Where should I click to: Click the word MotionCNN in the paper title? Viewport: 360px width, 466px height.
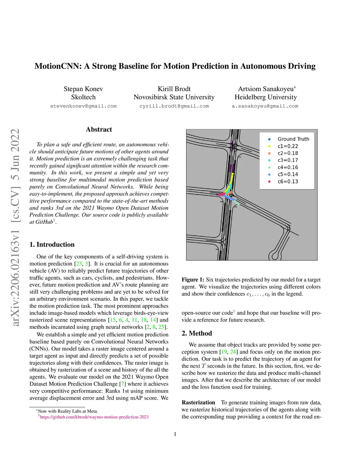click(58, 66)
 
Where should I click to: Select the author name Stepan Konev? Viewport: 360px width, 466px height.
click(83, 89)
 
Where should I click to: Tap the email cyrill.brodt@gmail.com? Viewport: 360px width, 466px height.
click(174, 106)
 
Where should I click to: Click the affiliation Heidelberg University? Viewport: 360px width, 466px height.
click(265, 97)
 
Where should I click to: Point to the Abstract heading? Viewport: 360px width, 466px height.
click(99, 129)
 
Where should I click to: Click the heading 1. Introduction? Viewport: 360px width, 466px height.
click(52, 244)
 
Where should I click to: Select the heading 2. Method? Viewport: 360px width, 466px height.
click(197, 333)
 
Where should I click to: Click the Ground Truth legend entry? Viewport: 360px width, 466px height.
click(293, 139)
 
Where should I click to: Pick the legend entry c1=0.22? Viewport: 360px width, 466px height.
click(288, 146)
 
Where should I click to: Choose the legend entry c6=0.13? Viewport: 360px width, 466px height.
click(288, 181)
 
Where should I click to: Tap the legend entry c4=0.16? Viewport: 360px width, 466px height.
click(288, 167)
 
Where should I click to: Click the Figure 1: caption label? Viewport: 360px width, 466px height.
click(193, 280)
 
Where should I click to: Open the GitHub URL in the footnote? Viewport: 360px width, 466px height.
click(94, 417)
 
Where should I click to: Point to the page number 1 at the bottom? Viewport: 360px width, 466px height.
click(175, 434)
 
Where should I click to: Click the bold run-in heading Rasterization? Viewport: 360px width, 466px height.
click(198, 402)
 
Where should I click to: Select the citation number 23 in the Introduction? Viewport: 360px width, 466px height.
click(79, 264)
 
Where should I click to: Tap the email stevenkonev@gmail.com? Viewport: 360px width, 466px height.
click(83, 106)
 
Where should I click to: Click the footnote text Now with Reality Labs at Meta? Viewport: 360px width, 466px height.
click(68, 411)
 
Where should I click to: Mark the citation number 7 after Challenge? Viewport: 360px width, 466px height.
click(122, 384)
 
